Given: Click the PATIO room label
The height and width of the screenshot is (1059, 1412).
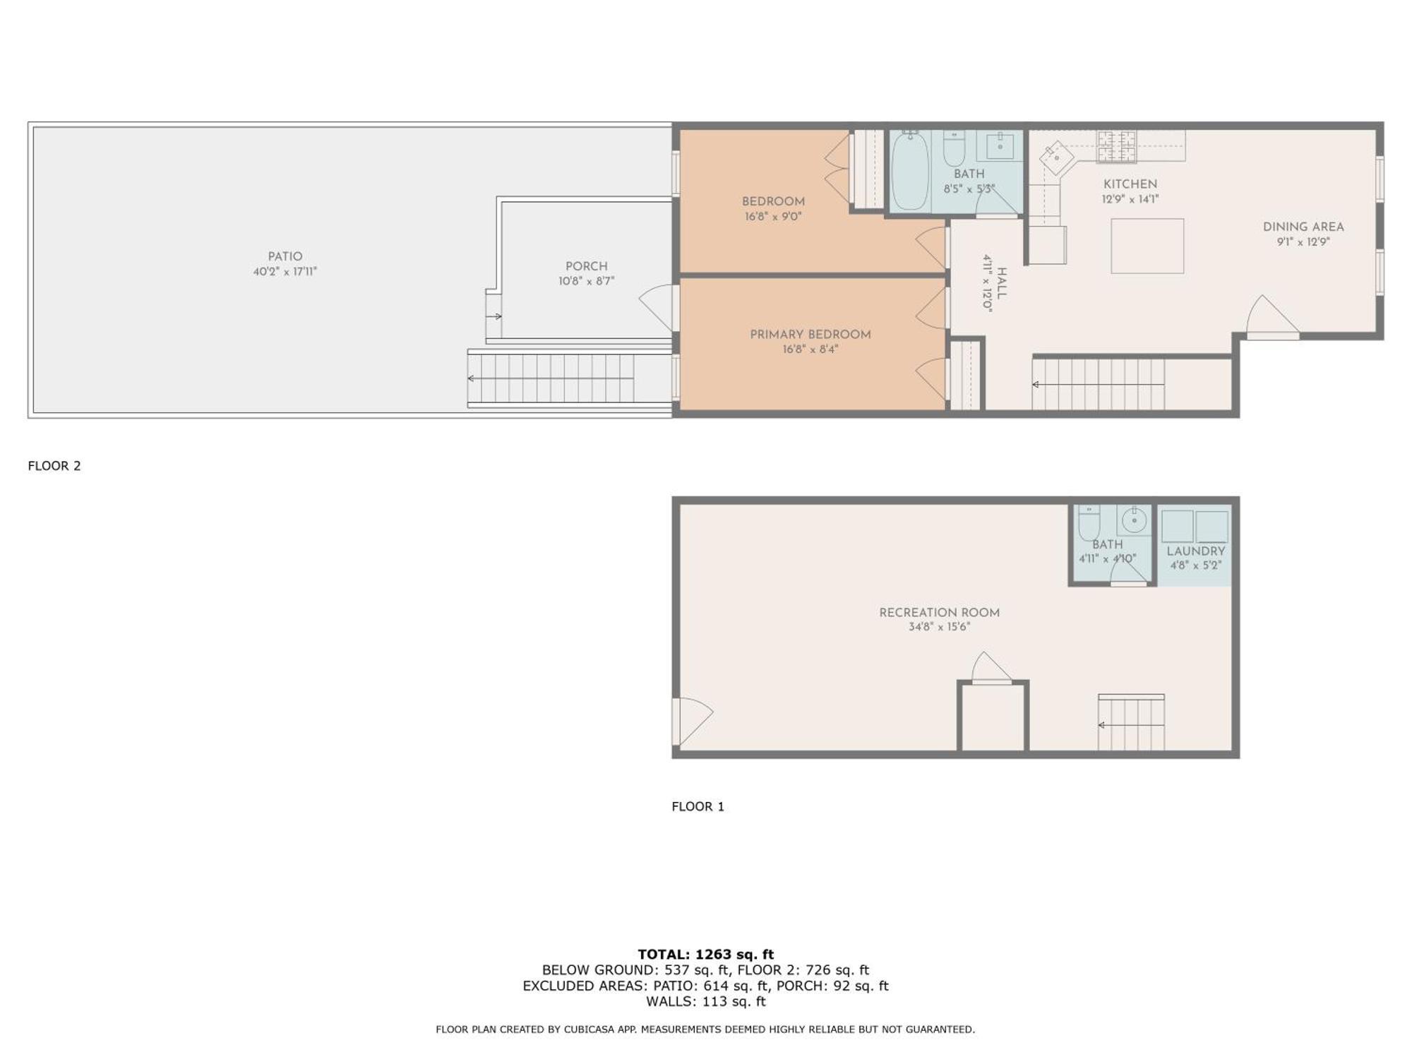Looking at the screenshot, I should pos(285,257).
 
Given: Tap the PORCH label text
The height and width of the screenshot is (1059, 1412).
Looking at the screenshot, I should pos(586,266).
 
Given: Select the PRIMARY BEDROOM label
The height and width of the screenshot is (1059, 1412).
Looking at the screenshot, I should pos(810,335).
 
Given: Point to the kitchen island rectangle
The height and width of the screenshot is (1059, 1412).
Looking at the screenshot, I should pos(1147,246).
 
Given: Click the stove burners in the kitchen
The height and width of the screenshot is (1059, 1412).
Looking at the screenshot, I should pos(1116,146).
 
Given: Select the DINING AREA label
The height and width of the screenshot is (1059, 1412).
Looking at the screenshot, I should pos(1303,227).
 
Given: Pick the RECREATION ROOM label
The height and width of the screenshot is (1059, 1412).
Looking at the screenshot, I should pos(938,613).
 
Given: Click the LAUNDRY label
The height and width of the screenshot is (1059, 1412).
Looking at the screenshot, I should pos(1195,551).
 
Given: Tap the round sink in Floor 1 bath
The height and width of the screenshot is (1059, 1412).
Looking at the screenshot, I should pos(1134,521).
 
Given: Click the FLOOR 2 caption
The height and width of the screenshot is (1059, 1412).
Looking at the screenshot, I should pos(54,466).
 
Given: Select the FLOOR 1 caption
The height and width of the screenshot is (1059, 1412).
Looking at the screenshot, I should pos(698,806).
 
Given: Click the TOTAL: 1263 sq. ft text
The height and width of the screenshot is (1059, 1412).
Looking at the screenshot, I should pos(705,955).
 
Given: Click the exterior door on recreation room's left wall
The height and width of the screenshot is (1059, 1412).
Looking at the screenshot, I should pos(690,720).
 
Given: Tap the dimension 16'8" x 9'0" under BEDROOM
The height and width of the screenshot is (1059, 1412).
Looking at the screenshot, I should pos(773,217).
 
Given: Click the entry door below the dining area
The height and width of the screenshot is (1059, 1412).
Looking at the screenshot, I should pos(1272,318).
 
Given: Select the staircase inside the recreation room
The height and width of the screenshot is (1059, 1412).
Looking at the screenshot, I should pos(1130,724).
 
